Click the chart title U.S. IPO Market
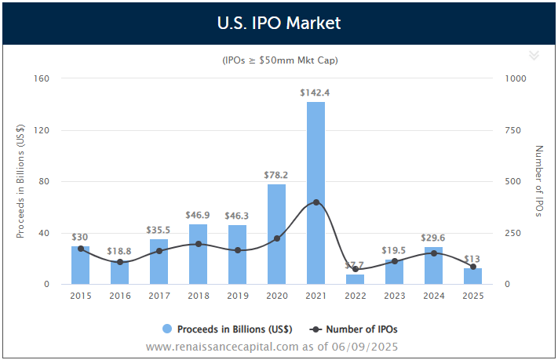pyautogui.click(x=279, y=23)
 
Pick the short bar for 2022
pyautogui.click(x=355, y=279)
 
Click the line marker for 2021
pyautogui.click(x=315, y=202)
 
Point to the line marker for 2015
pyautogui.click(x=81, y=249)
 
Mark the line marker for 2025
pyautogui.click(x=472, y=267)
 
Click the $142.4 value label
pyautogui.click(x=315, y=93)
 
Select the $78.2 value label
pyautogui.click(x=275, y=175)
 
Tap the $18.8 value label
pyautogui.click(x=119, y=251)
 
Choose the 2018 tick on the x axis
pyautogui.click(x=198, y=296)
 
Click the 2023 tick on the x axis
pyautogui.click(x=394, y=296)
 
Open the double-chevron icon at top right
pyautogui.click(x=534, y=55)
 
